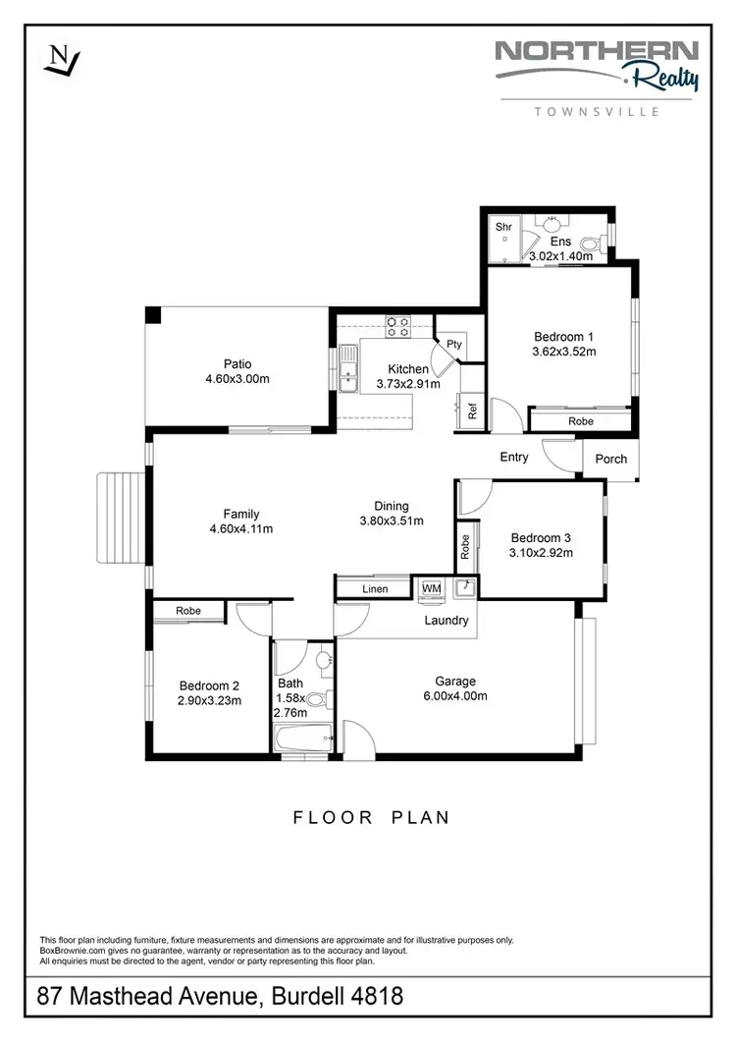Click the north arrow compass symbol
(x=62, y=61)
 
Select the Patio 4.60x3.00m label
(x=237, y=371)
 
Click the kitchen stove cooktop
(x=397, y=326)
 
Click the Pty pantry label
(x=453, y=344)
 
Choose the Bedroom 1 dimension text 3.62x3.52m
(x=564, y=351)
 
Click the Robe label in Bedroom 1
(x=580, y=421)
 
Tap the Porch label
(x=610, y=459)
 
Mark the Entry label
(x=514, y=457)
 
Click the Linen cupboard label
(x=375, y=589)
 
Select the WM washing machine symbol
(x=431, y=588)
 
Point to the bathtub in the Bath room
(x=303, y=738)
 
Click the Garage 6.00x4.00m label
(x=455, y=688)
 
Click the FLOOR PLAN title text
(x=371, y=817)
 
